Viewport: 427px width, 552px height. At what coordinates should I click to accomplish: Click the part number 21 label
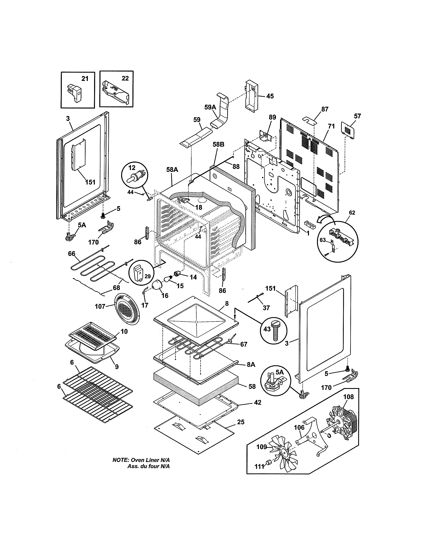pyautogui.click(x=85, y=79)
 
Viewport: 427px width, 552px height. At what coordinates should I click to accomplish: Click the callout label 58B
pyautogui.click(x=219, y=144)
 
